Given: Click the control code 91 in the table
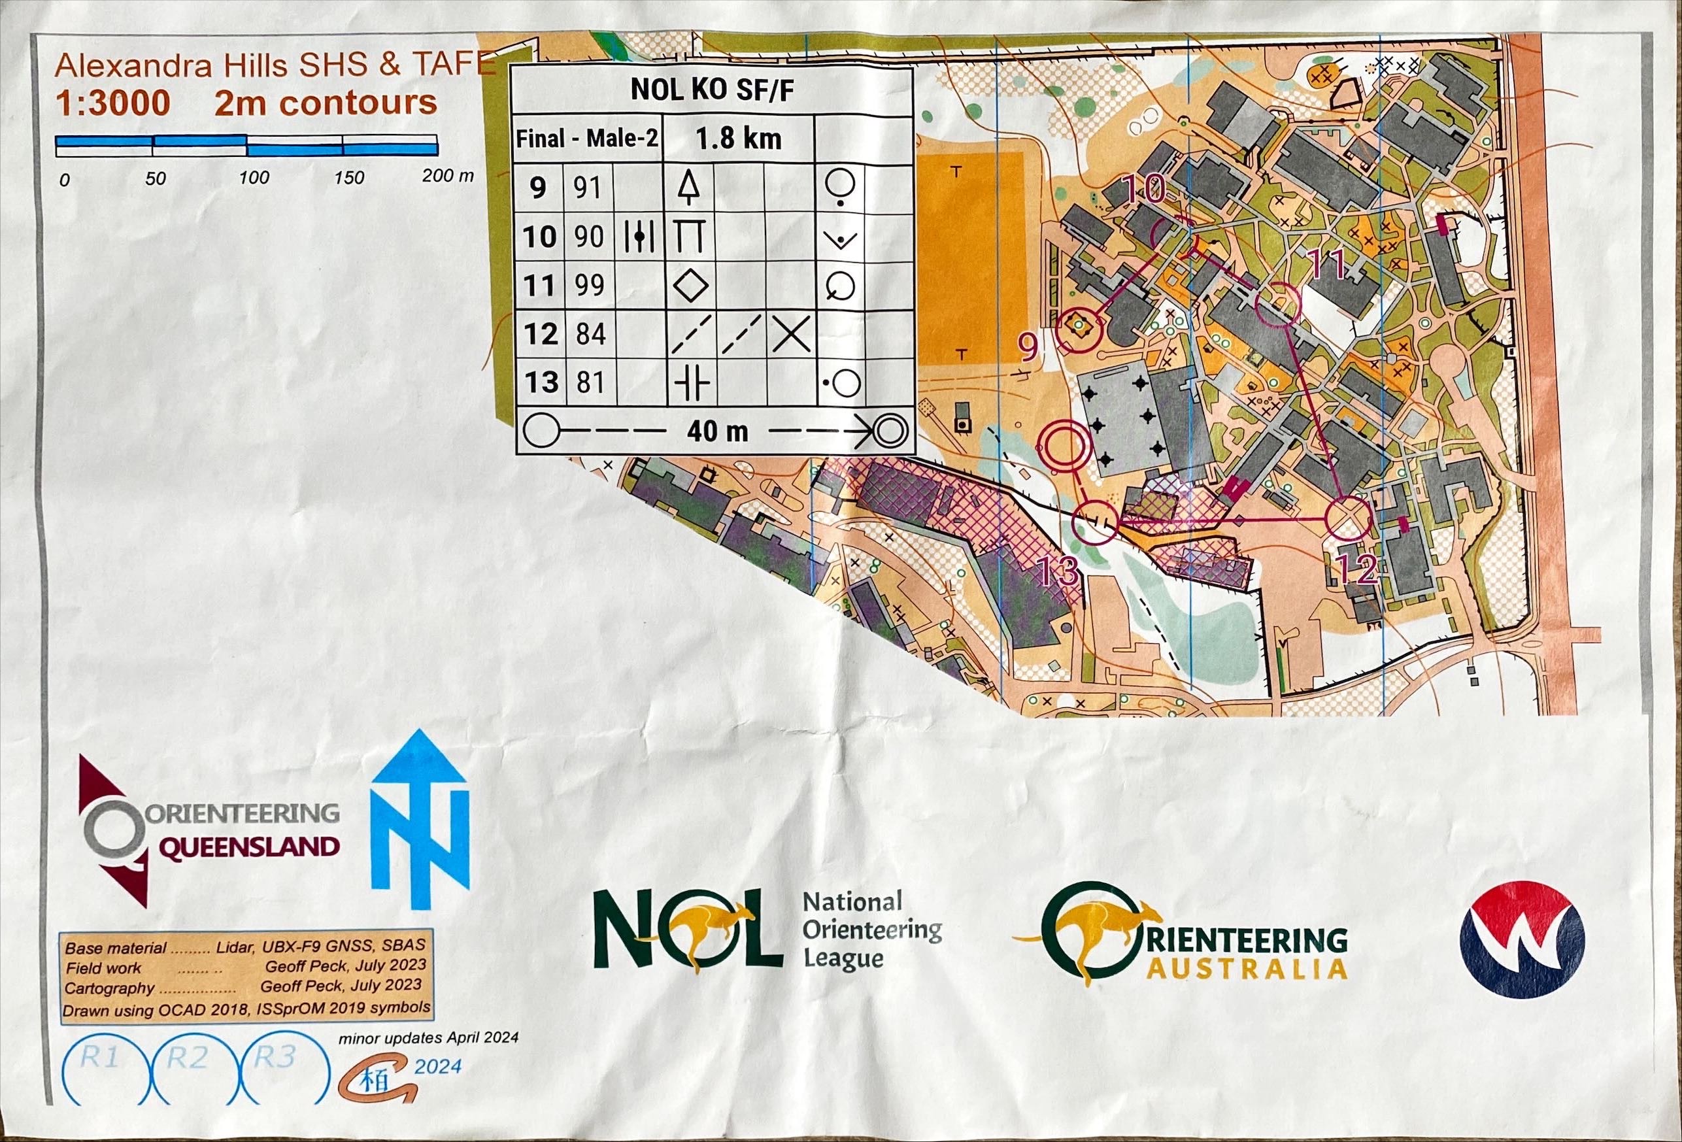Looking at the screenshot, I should (x=588, y=188).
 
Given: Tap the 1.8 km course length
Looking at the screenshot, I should (x=738, y=138).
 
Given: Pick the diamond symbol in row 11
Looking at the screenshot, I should (x=690, y=285).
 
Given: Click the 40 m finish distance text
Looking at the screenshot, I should (x=716, y=432).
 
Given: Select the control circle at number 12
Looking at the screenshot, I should (x=1349, y=518).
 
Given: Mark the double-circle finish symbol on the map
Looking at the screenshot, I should (x=1064, y=444).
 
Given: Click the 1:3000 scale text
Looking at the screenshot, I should (x=113, y=103).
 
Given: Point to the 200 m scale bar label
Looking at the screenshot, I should (x=447, y=176).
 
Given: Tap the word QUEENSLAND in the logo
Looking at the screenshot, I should (x=248, y=845).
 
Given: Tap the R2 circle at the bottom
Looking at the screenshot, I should (x=187, y=1058).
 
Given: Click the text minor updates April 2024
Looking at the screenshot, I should (x=428, y=1038).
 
